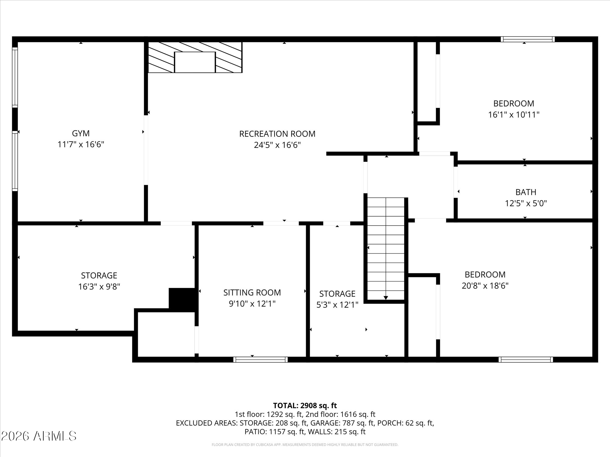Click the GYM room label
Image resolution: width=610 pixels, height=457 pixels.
[x=81, y=133]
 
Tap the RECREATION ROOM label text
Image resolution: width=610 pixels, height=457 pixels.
[x=277, y=134]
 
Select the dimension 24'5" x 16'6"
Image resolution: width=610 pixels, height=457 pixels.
[x=277, y=145]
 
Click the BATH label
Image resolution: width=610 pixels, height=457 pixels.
[x=526, y=192]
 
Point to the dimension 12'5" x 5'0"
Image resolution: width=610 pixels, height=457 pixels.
[x=526, y=203]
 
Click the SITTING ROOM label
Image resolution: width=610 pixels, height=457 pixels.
[x=252, y=292]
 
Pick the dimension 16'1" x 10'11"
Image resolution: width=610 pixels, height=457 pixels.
[x=514, y=115]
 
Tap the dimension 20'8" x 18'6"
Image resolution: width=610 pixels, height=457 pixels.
[x=485, y=286]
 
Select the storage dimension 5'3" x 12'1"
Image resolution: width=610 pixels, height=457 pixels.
[x=337, y=305]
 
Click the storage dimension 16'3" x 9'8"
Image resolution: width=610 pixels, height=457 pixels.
[x=99, y=287]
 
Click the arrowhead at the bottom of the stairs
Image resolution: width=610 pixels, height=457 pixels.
[x=386, y=298]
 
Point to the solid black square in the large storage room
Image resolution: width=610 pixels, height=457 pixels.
[x=182, y=298]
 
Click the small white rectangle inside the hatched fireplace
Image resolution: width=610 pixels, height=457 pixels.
[x=195, y=62]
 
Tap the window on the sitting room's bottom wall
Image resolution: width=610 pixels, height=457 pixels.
[x=260, y=360]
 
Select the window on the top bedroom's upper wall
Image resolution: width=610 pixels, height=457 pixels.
[x=528, y=39]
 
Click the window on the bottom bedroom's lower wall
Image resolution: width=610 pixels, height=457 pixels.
[x=526, y=360]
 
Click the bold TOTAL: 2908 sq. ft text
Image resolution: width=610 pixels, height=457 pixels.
[x=305, y=406]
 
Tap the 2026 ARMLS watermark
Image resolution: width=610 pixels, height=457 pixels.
[x=38, y=436]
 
